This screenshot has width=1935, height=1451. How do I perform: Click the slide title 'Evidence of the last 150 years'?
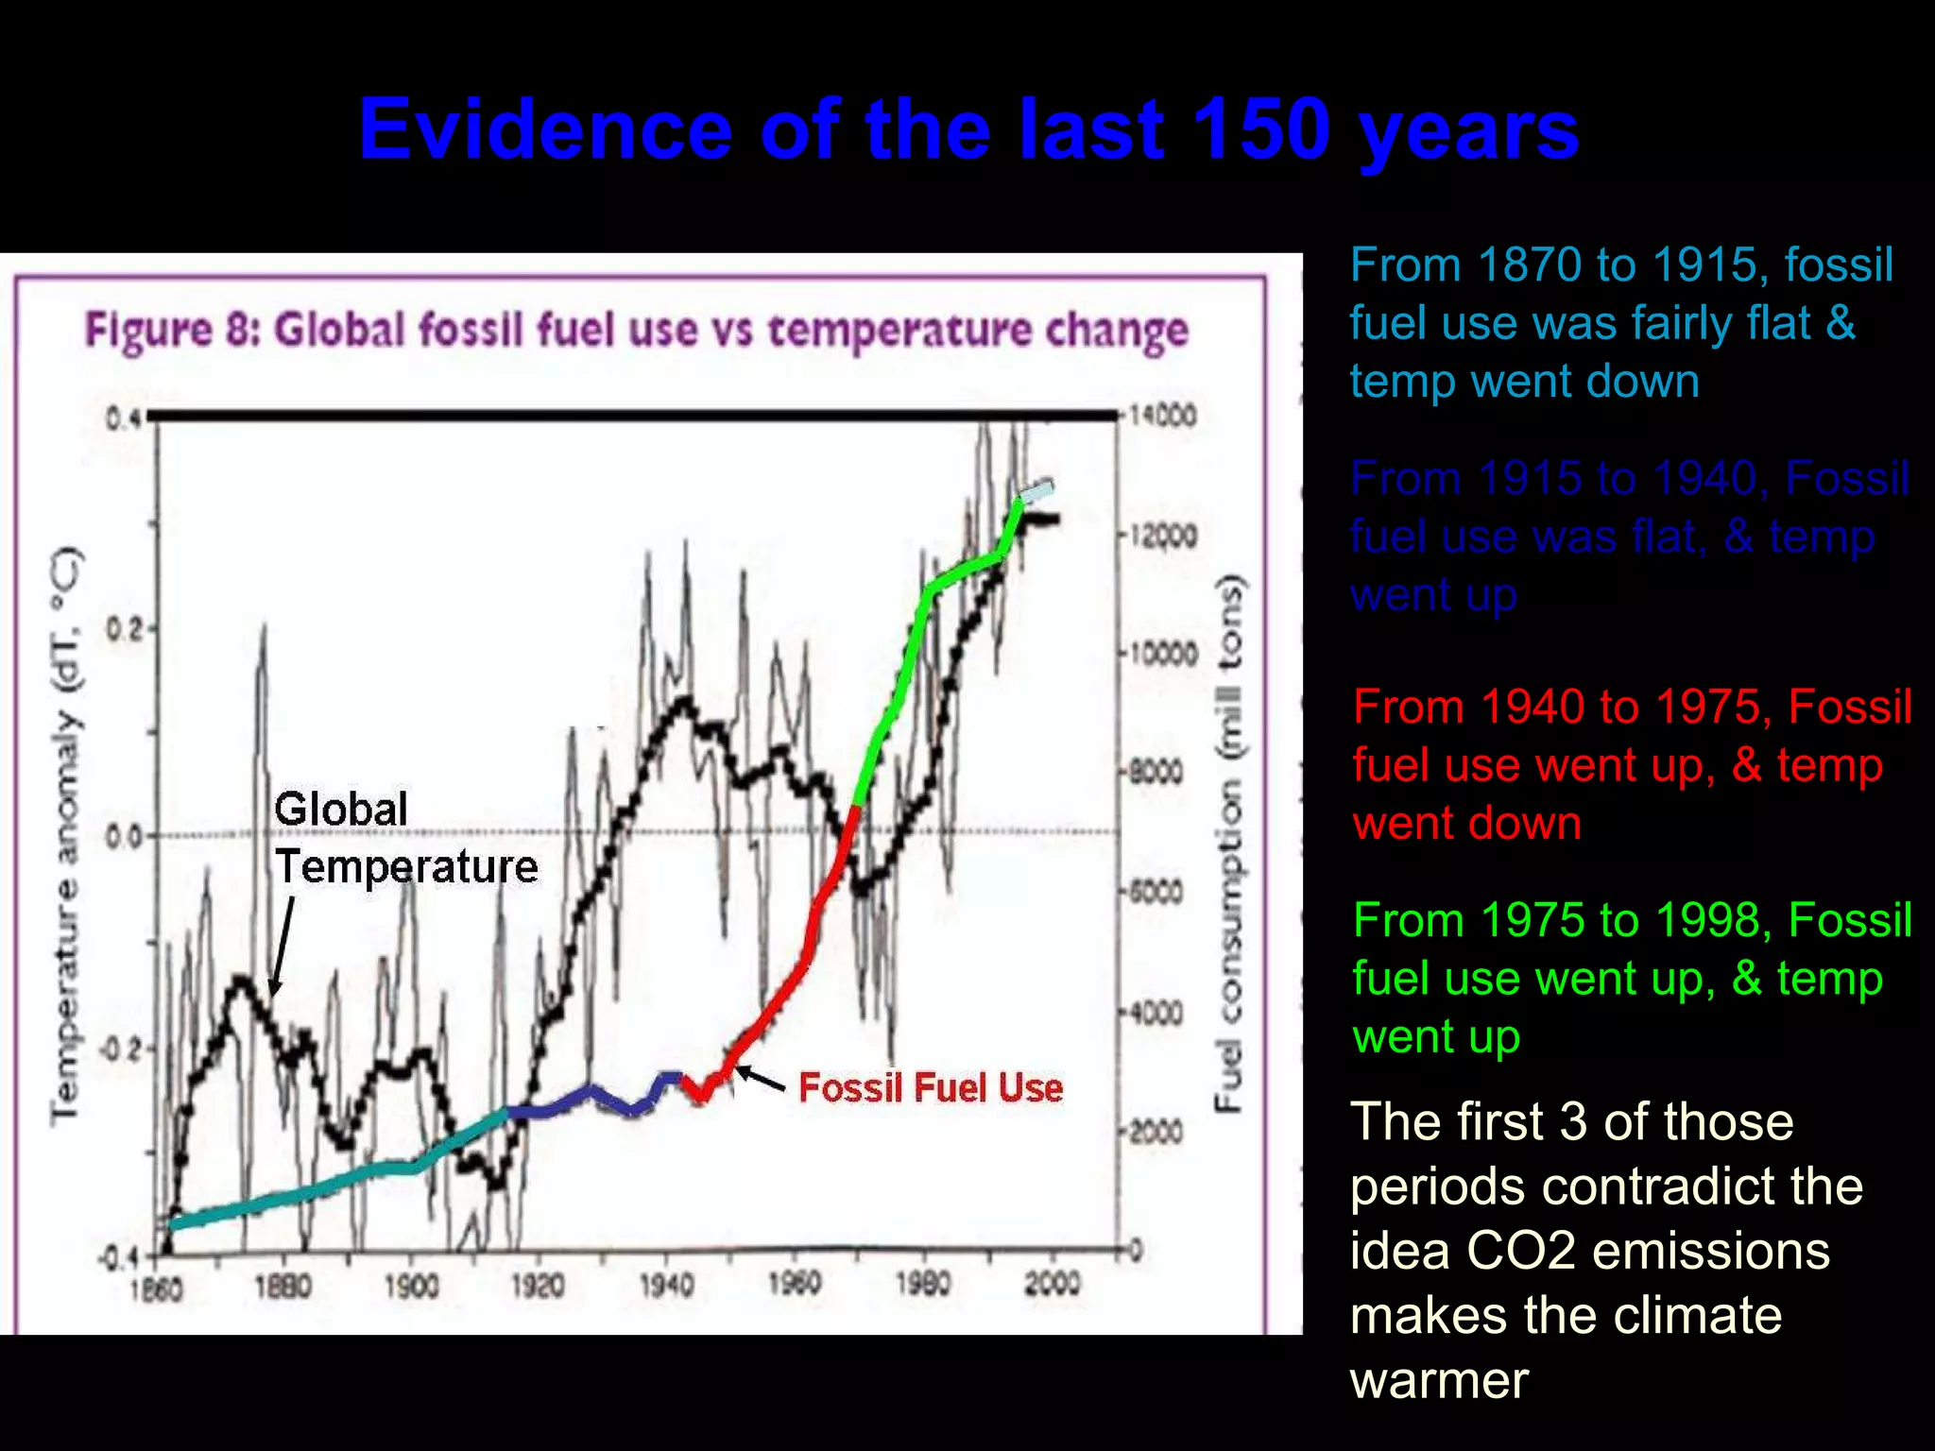coord(967,129)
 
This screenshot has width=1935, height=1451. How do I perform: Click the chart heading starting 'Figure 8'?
coord(636,331)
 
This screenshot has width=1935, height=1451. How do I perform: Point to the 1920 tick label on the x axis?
coord(538,1286)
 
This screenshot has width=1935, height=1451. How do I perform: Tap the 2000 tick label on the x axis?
coord(1052,1284)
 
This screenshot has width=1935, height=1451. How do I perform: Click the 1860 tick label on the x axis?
coord(156,1289)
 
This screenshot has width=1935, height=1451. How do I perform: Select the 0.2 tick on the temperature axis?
coord(123,629)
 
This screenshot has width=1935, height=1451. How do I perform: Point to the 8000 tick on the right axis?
coord(1158,773)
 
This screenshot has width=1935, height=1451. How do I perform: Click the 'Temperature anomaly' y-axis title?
coord(65,836)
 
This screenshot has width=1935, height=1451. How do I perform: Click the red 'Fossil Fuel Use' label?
coord(931,1088)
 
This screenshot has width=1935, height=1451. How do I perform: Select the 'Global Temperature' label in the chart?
coord(405,839)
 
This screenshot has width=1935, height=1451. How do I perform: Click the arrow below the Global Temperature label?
coord(283,945)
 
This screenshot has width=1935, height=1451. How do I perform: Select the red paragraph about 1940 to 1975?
coord(1631,764)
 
